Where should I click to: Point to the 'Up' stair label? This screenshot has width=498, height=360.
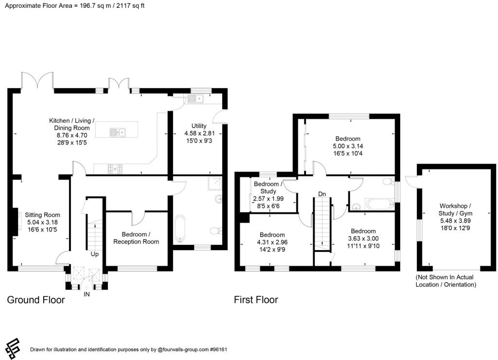tap(95, 254)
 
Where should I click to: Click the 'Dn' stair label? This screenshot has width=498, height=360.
tap(321, 194)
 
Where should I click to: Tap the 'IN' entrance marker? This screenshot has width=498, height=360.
tap(87, 294)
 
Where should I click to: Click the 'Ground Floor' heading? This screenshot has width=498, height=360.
tap(36, 300)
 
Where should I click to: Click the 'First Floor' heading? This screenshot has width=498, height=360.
tap(256, 300)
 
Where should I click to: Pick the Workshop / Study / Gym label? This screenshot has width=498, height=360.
tap(456, 213)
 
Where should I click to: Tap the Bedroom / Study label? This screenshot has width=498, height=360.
tap(267, 188)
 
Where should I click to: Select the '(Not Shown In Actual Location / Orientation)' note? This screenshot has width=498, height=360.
tap(445, 281)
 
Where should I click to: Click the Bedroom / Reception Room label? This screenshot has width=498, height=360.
tap(136, 238)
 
